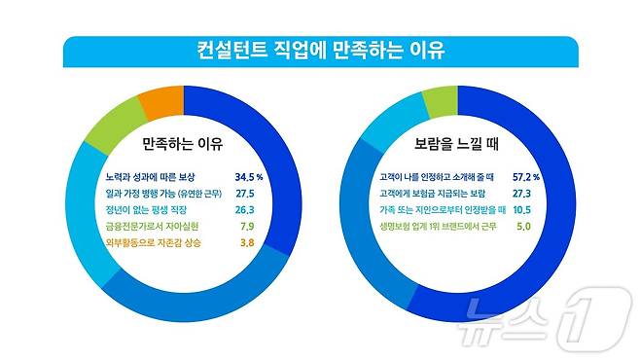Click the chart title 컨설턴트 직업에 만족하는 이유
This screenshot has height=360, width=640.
[x=320, y=49]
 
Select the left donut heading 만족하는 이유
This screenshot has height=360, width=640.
[x=182, y=145]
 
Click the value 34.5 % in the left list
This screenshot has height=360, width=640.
[x=250, y=178]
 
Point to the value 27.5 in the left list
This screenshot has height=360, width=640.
[x=250, y=194]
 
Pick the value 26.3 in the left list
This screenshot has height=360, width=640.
[x=250, y=209]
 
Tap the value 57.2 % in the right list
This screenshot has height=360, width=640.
[x=521, y=178]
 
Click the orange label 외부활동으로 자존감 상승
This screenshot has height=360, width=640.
[x=154, y=241]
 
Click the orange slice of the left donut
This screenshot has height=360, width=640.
[x=160, y=102]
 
